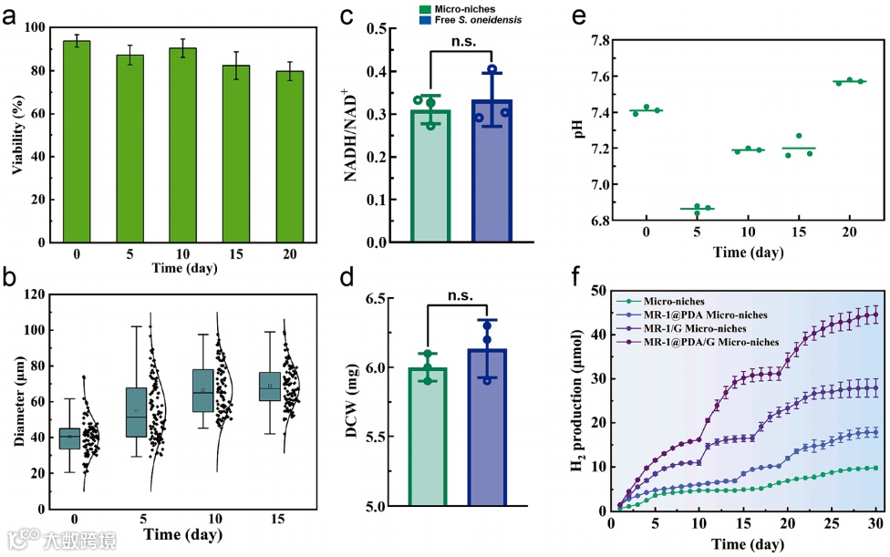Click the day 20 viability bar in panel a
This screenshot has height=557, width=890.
[x=289, y=156]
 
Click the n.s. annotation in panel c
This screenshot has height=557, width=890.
[x=461, y=40]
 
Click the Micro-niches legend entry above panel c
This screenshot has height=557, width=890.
[x=464, y=7]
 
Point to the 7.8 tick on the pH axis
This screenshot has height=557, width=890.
[x=596, y=41]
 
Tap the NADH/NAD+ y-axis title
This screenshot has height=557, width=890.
[x=353, y=135]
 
